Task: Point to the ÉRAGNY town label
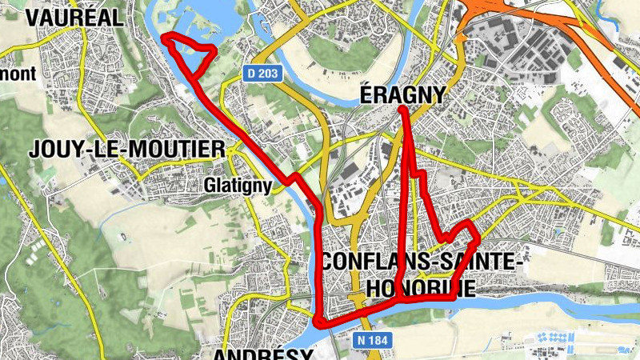point(402,95)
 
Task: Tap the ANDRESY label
point(262,353)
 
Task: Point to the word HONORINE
point(421,286)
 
